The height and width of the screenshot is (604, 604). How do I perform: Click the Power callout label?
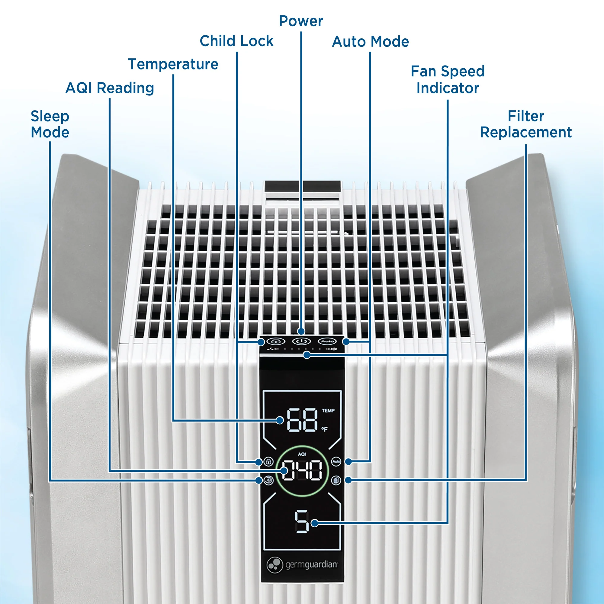click(x=301, y=21)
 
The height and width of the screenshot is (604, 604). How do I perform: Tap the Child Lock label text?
click(x=236, y=41)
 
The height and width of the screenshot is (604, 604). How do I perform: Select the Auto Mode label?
click(x=370, y=42)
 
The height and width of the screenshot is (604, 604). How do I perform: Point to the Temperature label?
click(x=173, y=64)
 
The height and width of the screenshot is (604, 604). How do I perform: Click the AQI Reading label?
click(x=109, y=88)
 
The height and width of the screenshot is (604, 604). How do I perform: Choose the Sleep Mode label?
click(x=50, y=124)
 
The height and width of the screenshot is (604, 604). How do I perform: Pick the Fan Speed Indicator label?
click(x=447, y=80)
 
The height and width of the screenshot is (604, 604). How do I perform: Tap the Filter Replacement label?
click(x=525, y=124)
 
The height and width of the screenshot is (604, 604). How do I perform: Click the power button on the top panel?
click(x=301, y=341)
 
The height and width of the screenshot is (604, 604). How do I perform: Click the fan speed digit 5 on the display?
click(x=301, y=521)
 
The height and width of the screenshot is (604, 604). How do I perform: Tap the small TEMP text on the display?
click(x=328, y=410)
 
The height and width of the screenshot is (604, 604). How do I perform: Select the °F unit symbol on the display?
click(x=325, y=429)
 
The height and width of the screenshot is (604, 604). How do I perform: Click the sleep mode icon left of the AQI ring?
click(x=268, y=480)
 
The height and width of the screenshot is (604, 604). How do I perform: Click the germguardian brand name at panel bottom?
click(x=311, y=565)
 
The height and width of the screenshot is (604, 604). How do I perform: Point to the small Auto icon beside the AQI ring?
click(x=336, y=461)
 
